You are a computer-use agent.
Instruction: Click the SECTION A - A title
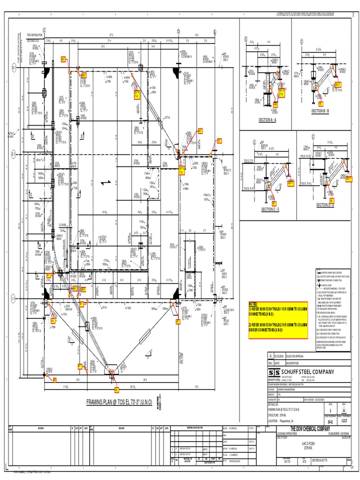269,120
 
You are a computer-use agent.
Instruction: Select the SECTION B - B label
320,111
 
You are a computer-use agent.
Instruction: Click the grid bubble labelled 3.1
14,68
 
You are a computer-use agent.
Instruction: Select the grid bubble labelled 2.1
14,153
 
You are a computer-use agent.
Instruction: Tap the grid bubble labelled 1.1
14,298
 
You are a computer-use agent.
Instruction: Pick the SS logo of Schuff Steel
273,372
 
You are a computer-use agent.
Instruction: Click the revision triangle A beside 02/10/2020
270,356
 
